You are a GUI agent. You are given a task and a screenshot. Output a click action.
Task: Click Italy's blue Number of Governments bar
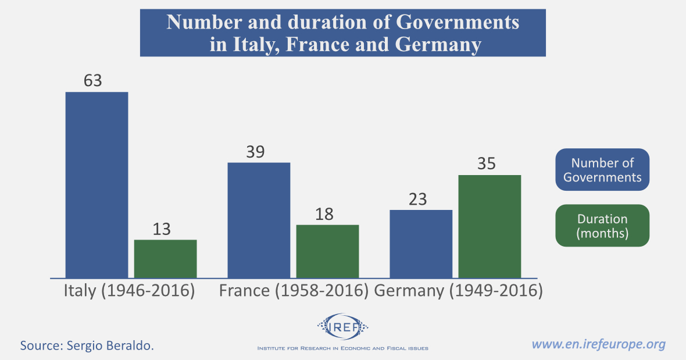97,185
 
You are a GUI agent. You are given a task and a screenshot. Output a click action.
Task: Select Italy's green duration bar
166,259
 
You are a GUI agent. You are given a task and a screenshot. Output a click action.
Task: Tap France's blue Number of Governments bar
259,220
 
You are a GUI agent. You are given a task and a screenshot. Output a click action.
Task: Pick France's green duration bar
328,251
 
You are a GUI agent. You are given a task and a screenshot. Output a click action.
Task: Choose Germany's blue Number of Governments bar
421,244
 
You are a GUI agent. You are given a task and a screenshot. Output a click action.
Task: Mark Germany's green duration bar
490,226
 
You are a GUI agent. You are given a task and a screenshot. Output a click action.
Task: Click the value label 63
93,80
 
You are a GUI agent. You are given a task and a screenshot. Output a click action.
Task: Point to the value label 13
162,229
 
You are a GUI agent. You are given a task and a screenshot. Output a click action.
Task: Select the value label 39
255,152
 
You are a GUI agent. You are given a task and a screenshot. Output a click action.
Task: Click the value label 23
417,199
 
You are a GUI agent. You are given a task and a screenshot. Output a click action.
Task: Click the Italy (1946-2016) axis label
129,290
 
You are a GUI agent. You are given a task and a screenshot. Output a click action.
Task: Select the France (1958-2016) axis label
294,290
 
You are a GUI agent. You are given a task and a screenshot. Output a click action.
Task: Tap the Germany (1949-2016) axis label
458,290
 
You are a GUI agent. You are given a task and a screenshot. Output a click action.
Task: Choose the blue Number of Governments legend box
602,170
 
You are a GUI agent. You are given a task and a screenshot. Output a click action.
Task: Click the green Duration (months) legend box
602,226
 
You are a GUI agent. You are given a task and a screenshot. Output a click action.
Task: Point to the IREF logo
342,328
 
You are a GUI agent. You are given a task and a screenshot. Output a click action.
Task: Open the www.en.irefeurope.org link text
599,344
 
